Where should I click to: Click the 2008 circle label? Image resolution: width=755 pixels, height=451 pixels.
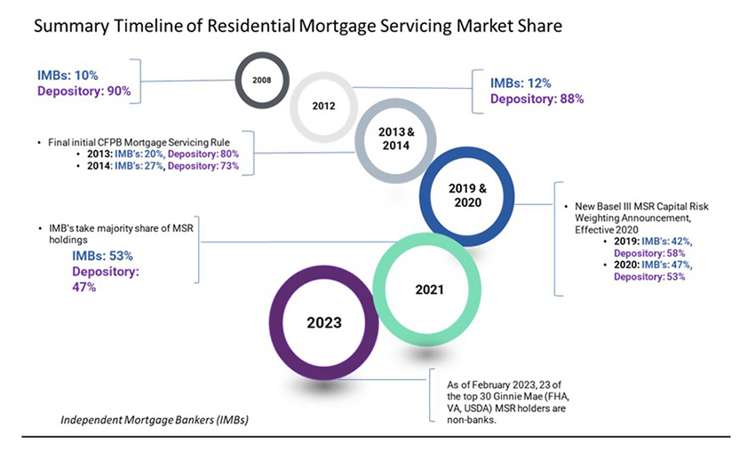(x=261, y=80)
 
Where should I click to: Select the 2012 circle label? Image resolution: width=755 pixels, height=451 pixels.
(x=324, y=105)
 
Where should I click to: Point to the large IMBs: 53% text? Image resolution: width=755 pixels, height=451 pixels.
(x=102, y=256)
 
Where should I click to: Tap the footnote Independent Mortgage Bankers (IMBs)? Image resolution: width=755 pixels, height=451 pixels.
(x=155, y=418)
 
